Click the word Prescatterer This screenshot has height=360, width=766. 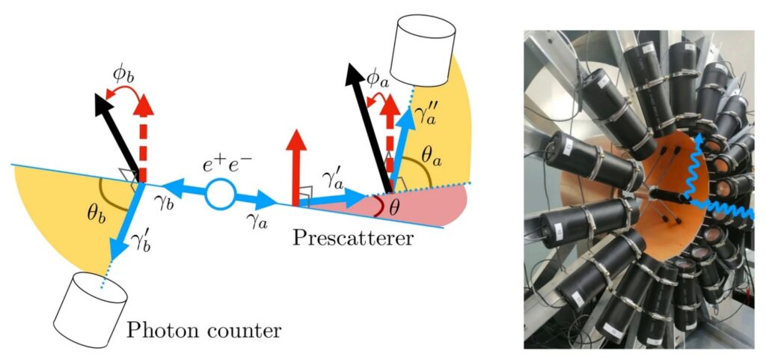pos(352,239)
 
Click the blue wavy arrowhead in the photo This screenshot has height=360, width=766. pos(695,137)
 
